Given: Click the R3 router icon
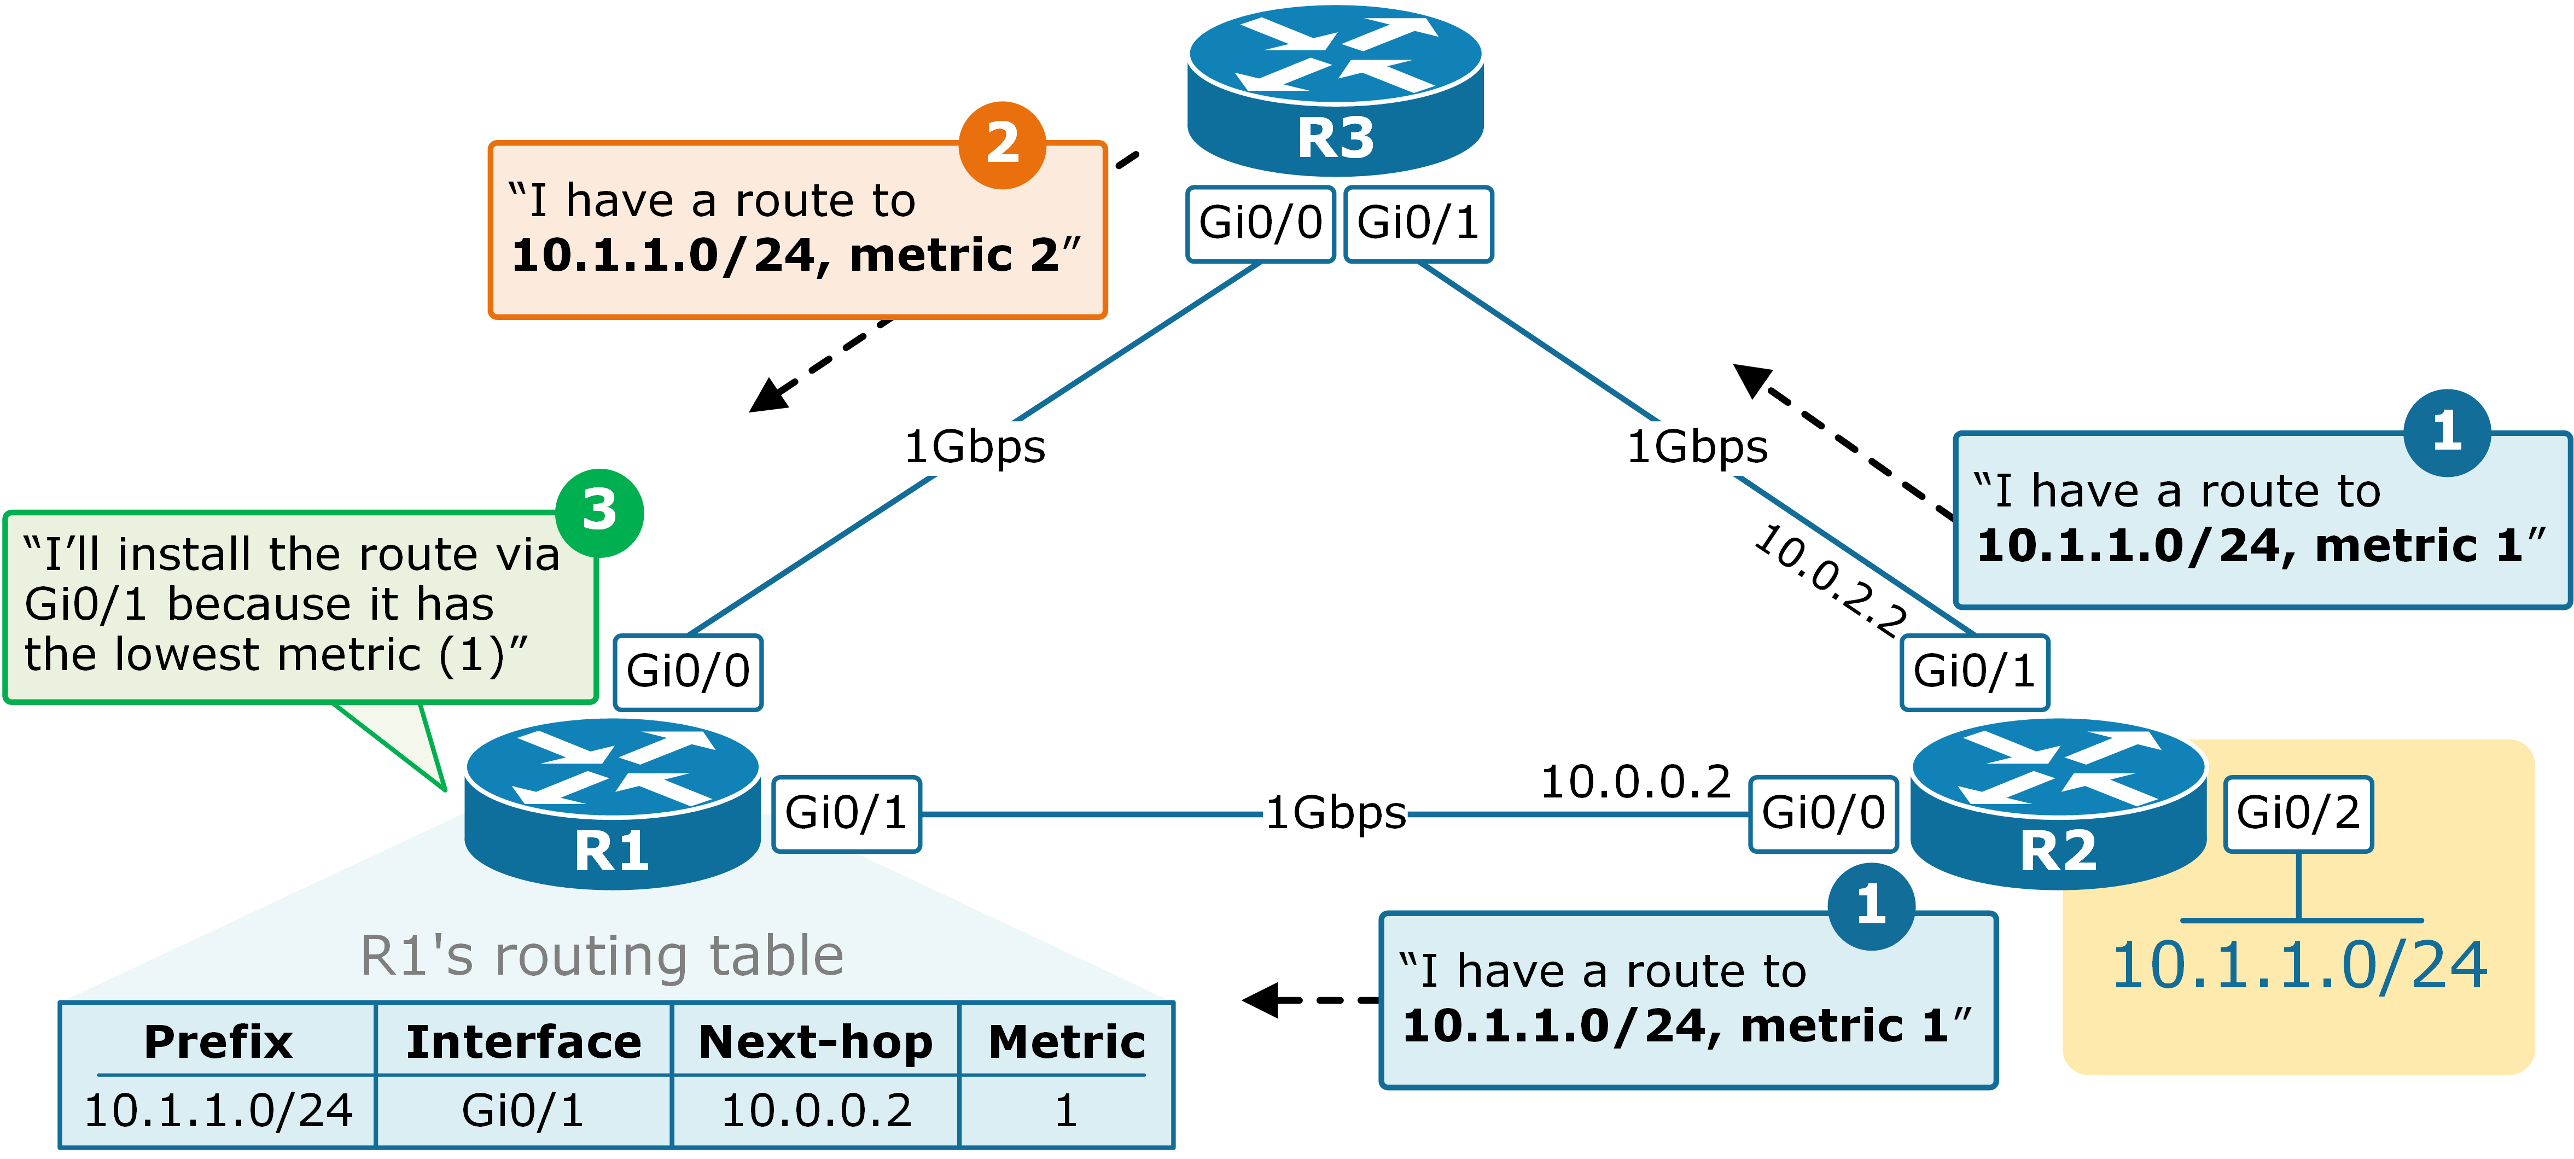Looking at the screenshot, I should point(1335,90).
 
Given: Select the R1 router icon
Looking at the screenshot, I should point(612,805).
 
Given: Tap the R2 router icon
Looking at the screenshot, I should point(2058,805).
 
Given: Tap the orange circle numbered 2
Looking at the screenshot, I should point(1002,145).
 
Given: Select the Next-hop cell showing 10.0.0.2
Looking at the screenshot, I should point(817,1110).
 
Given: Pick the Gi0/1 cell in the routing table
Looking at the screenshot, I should point(522,1110).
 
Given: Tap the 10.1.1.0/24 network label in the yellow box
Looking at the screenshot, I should point(2298,966).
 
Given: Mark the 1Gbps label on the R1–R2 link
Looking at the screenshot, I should point(1336,812).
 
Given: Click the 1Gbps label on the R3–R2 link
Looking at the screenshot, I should point(1697,447).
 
